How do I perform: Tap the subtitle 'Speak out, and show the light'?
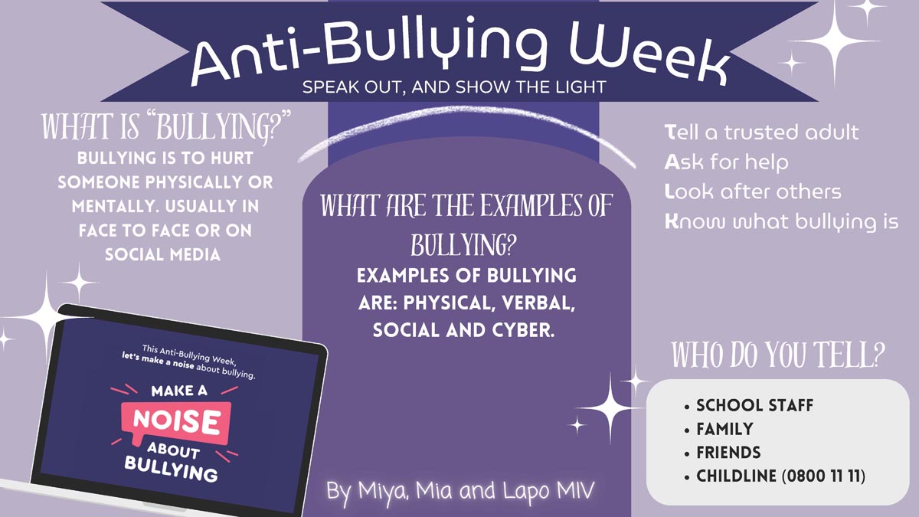[x=454, y=87]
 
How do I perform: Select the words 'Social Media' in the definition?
[x=163, y=255]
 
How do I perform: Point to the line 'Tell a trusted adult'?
[x=761, y=132]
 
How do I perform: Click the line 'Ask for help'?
[x=726, y=162]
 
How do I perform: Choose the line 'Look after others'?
[x=753, y=191]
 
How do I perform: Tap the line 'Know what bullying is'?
[x=782, y=222]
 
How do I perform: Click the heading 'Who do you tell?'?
[x=778, y=355]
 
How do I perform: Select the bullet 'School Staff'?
[x=754, y=405]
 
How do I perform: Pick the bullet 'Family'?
[x=725, y=429]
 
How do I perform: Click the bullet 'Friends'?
[x=728, y=453]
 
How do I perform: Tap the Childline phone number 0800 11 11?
[x=823, y=476]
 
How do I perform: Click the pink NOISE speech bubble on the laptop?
[x=175, y=423]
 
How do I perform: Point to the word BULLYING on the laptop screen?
[x=171, y=470]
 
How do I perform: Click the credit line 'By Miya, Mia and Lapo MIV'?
[x=460, y=491]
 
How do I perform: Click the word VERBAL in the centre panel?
[x=538, y=303]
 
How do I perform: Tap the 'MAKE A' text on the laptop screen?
[x=179, y=391]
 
